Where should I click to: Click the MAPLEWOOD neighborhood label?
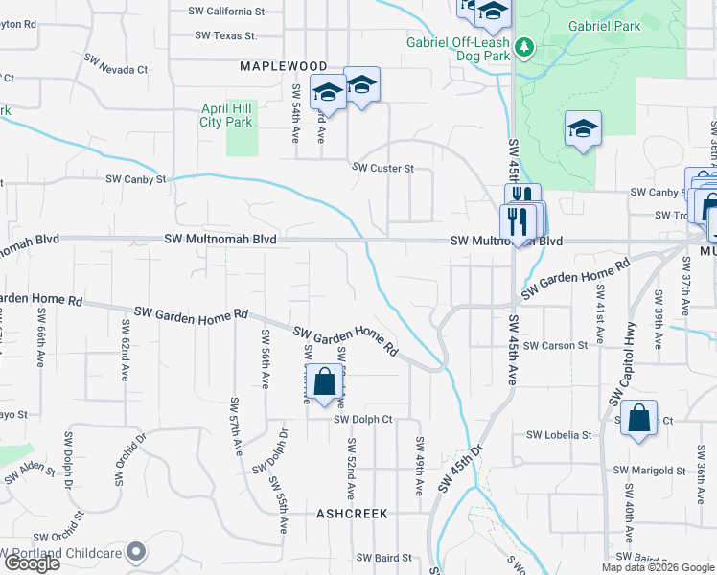tap(283, 65)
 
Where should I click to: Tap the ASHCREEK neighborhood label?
tap(352, 514)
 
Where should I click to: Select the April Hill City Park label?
tap(226, 116)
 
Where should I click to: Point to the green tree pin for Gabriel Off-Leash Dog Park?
tap(523, 46)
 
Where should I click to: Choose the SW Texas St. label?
tap(226, 35)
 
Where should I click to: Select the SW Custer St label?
tap(382, 168)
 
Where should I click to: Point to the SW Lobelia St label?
tap(559, 434)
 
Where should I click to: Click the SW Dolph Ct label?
tap(363, 419)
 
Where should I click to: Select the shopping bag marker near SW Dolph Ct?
tap(325, 381)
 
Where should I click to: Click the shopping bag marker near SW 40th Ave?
tap(638, 418)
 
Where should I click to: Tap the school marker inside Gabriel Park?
tap(583, 128)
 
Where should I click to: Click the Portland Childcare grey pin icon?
tap(137, 552)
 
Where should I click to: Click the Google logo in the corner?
tap(31, 563)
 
